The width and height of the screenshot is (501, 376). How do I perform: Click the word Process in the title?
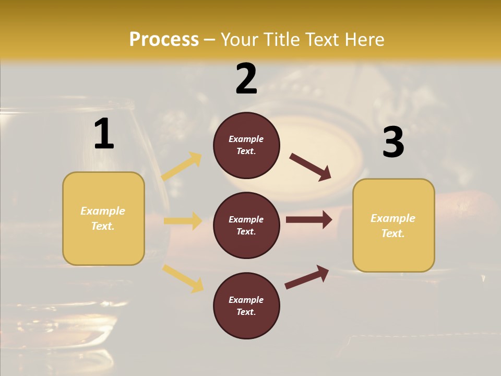click(x=164, y=39)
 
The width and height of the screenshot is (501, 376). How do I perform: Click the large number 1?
click(x=104, y=134)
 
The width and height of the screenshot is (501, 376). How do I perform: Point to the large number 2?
click(x=246, y=79)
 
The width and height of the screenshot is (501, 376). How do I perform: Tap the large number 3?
click(x=393, y=143)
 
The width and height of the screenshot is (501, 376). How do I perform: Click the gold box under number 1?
click(x=103, y=218)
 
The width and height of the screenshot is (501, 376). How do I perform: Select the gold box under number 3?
click(x=393, y=226)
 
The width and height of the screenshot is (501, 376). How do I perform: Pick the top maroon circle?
click(x=246, y=145)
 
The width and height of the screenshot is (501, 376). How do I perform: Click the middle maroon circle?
click(x=246, y=226)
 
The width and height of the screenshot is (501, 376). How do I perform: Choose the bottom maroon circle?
click(x=246, y=306)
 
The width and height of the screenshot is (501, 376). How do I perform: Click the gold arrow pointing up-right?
click(x=182, y=166)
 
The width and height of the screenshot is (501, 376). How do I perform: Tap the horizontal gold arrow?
click(x=183, y=221)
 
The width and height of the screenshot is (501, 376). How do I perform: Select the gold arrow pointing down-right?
click(x=183, y=278)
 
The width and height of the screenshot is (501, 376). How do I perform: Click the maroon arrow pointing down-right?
click(x=310, y=167)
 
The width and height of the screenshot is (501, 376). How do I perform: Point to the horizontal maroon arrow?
click(x=309, y=220)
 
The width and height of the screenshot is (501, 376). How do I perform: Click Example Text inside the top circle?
click(x=246, y=145)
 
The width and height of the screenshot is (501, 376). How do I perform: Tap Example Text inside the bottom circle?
click(x=246, y=306)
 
